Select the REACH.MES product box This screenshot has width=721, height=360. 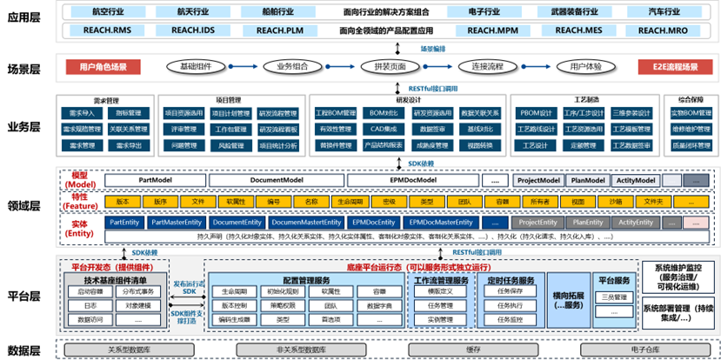point(579,30)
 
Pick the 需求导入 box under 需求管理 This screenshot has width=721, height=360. point(80,113)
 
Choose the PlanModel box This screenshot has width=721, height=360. point(588,180)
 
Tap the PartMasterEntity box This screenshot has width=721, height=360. point(177,223)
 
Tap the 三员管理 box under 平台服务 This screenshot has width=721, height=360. point(614,297)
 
